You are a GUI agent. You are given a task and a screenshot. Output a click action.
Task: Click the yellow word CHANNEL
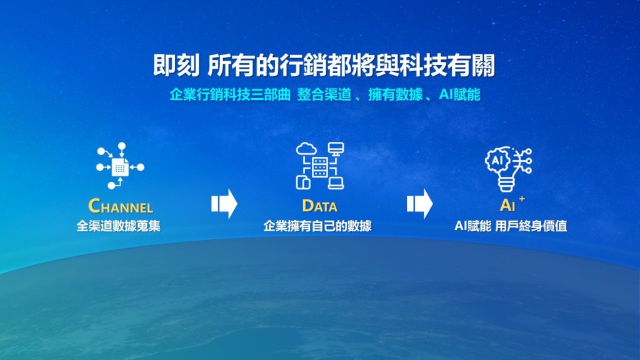click(x=121, y=206)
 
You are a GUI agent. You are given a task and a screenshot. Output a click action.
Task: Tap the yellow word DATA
click(x=319, y=206)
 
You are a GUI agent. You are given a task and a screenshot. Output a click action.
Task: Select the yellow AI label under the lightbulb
click(x=507, y=205)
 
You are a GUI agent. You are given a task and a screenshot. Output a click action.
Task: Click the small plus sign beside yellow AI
click(x=522, y=199)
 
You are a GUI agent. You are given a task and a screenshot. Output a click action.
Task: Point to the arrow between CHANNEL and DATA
click(x=224, y=203)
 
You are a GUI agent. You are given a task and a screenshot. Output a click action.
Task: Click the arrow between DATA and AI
click(x=419, y=203)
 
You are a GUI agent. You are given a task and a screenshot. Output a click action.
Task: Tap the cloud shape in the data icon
click(x=306, y=149)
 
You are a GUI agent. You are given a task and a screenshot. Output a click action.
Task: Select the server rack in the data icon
click(x=319, y=167)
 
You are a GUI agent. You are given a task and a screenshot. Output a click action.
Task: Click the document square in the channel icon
click(x=120, y=167)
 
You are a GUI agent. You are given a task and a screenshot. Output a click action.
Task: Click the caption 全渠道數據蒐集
click(x=118, y=226)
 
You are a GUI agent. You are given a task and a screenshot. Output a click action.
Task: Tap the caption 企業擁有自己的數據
click(x=317, y=226)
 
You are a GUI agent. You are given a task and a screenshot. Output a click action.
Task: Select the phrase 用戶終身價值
click(x=531, y=226)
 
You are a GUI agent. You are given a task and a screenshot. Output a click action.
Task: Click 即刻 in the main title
click(x=176, y=65)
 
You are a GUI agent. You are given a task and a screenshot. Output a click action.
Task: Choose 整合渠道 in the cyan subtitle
click(x=324, y=95)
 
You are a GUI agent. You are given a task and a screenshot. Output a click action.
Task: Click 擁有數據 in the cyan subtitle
click(x=395, y=95)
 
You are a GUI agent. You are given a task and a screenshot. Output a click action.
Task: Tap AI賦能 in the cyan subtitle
click(x=459, y=95)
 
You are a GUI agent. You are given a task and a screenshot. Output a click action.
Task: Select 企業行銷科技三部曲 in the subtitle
click(x=230, y=95)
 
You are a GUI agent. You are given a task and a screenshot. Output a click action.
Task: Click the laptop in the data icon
click(x=336, y=183)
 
